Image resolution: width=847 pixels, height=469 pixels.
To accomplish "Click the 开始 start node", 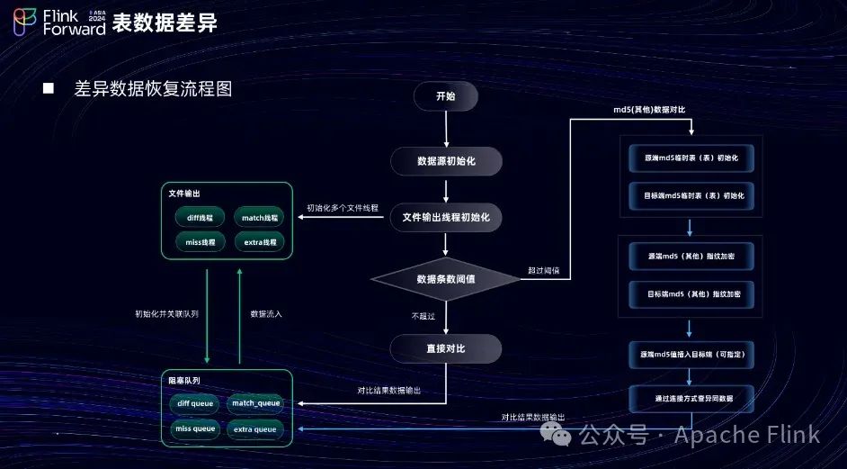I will pos(445,96).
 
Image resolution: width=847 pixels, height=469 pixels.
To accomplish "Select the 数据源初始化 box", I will pos(445,160).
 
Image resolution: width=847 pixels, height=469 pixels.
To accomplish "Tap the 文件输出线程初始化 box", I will pos(445,218).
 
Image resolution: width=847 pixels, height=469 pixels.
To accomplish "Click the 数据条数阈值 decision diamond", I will pos(445,279).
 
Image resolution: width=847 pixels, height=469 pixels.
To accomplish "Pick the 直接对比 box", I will pos(445,347).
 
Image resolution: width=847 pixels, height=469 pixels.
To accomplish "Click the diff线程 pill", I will pos(200,218).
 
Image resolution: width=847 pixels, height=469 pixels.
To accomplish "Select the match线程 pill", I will pos(260,218).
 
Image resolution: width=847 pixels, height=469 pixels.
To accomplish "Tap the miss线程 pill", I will pos(200,242).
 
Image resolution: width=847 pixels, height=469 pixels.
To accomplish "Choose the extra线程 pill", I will pos(260,242).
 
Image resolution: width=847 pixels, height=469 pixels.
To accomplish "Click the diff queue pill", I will pos(195,403).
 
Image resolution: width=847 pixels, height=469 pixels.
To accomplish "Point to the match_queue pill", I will pos(256,403).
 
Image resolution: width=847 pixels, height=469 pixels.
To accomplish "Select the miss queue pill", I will pos(195,429).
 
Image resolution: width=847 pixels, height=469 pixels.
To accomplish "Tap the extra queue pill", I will pos(256,429).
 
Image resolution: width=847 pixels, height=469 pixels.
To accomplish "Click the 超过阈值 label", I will pos(543,270).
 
